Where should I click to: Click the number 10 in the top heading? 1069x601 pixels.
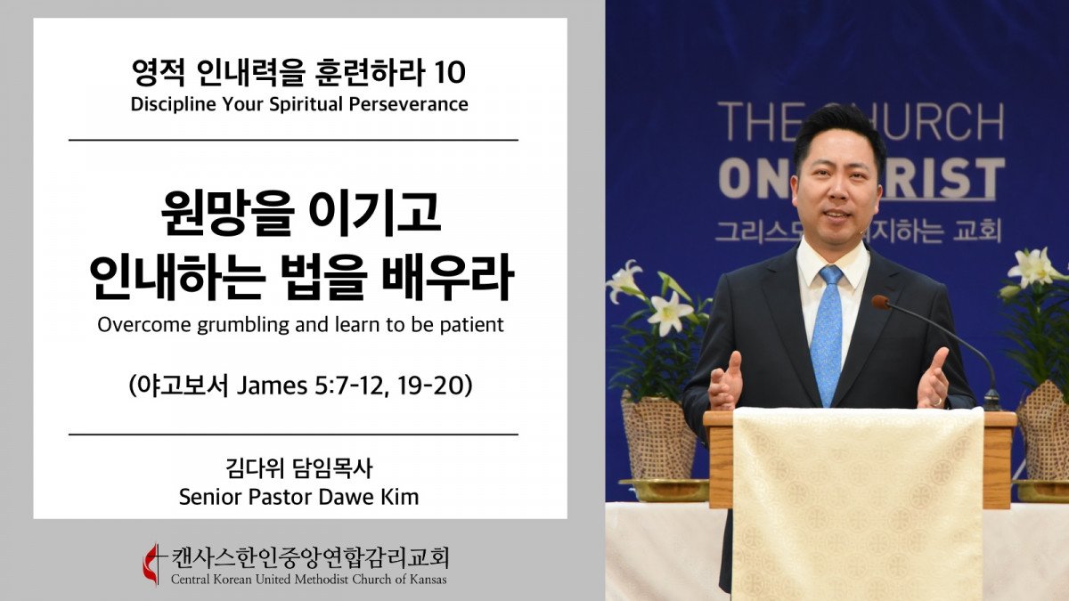pyautogui.click(x=450, y=73)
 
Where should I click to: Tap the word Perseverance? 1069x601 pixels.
pyautogui.click(x=409, y=104)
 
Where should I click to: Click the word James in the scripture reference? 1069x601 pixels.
pyautogui.click(x=272, y=386)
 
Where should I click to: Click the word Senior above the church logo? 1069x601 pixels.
pyautogui.click(x=211, y=497)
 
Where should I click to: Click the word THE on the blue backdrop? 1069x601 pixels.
pyautogui.click(x=755, y=122)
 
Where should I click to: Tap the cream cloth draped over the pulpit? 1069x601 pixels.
pyautogui.click(x=858, y=503)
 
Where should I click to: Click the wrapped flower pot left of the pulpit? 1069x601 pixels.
pyautogui.click(x=659, y=439)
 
